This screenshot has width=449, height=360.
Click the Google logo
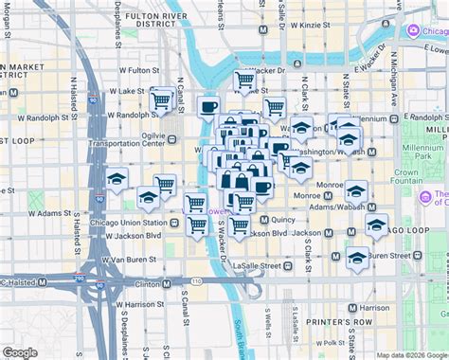[20, 351]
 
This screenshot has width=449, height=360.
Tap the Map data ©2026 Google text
[408, 353]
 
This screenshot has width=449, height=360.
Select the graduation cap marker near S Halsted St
[117, 177]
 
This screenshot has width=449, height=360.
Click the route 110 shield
[195, 282]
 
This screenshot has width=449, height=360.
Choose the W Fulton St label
[128, 70]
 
